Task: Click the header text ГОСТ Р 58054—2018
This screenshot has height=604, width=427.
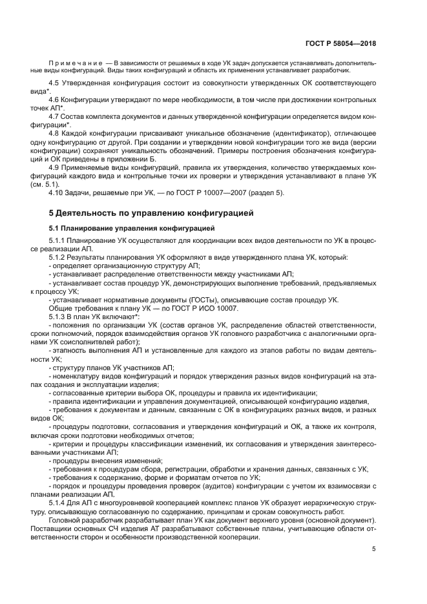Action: [x=340, y=44]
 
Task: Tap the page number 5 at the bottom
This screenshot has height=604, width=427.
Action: [x=374, y=549]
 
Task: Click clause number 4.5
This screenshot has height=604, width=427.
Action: [x=56, y=85]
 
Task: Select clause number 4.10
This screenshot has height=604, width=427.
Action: [x=57, y=193]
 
